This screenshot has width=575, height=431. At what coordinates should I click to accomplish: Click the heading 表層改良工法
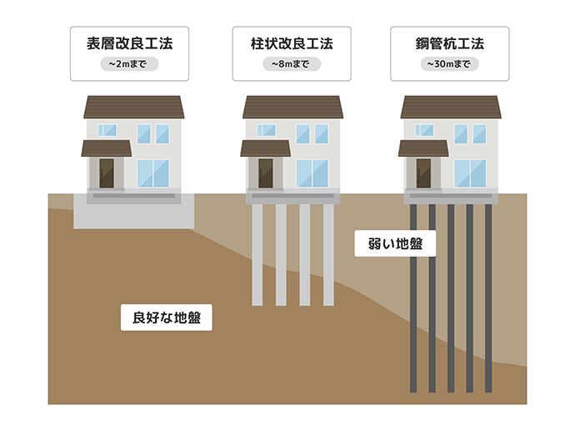(x=129, y=43)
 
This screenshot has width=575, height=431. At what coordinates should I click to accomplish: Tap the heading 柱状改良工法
(x=292, y=43)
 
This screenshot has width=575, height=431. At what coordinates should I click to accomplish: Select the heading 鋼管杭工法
(x=450, y=43)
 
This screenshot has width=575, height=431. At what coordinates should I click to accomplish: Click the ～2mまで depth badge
(x=129, y=64)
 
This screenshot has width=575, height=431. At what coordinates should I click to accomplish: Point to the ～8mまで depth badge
(x=292, y=64)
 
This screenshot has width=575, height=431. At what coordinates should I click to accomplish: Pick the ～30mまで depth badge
(x=450, y=64)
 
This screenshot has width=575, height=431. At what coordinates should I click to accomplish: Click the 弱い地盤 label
(x=395, y=243)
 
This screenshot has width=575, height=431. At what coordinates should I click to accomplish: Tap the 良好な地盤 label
(x=167, y=318)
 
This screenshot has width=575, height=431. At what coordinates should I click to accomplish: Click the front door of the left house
(x=107, y=173)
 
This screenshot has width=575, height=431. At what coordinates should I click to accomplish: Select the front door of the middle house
(x=266, y=173)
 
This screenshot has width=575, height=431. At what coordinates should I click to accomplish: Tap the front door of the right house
(x=423, y=173)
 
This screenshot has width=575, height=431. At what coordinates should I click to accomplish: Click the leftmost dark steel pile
(x=413, y=298)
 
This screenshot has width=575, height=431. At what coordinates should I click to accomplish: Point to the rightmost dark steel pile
(x=488, y=298)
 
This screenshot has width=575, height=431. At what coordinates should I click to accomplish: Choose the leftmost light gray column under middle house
(x=257, y=255)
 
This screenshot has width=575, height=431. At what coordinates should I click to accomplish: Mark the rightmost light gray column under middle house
(x=328, y=255)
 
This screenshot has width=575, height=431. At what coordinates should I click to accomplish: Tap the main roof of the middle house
(x=292, y=107)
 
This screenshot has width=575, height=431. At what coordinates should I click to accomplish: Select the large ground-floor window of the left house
(x=153, y=173)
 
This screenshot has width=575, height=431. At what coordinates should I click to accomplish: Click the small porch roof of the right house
(x=423, y=148)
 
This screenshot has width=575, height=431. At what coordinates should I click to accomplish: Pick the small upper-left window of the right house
(x=424, y=130)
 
